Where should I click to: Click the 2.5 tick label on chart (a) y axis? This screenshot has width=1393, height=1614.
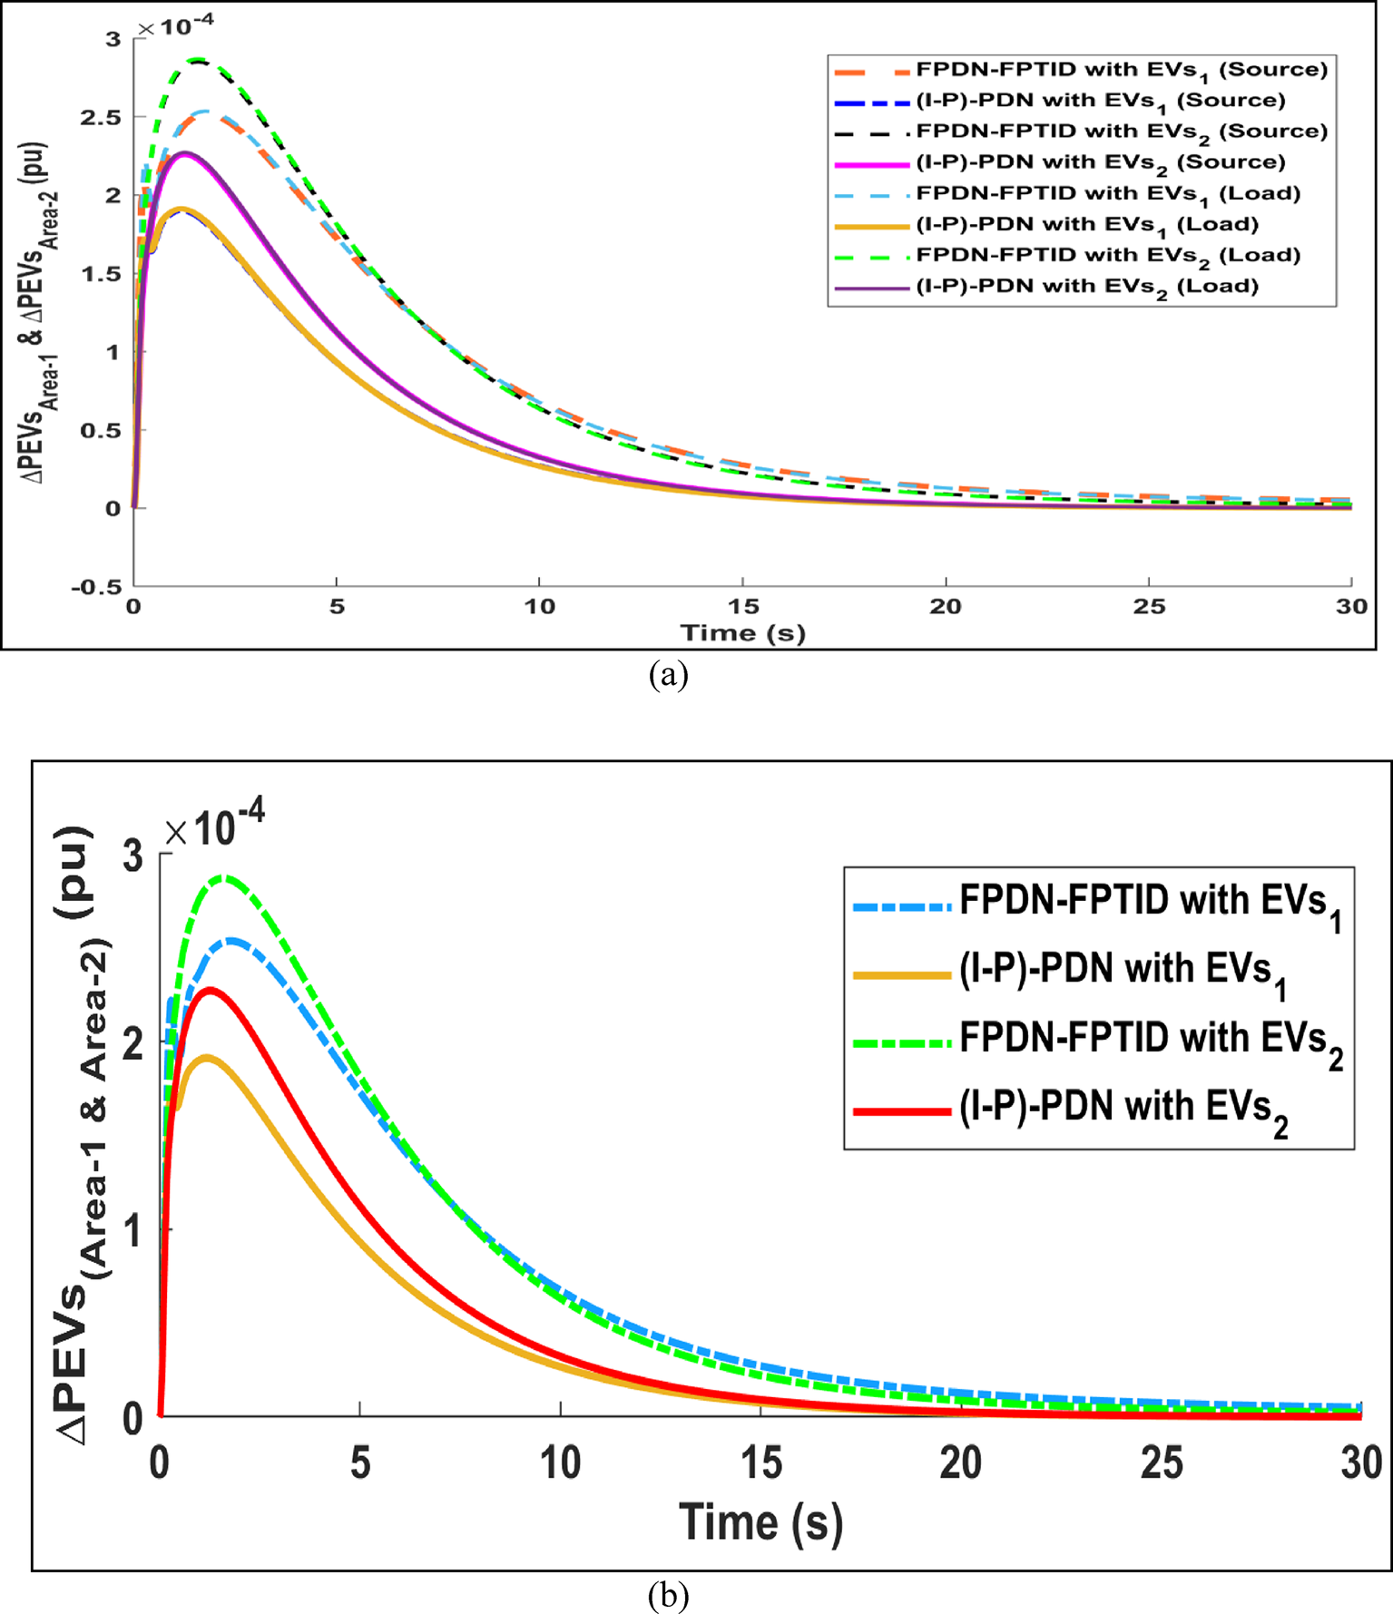[101, 117]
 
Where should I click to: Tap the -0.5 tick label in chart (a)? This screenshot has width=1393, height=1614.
[97, 587]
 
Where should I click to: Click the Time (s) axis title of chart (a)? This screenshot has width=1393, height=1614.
[743, 632]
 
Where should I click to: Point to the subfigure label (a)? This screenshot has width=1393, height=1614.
[669, 675]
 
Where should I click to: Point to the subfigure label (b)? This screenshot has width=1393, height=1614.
[669, 1595]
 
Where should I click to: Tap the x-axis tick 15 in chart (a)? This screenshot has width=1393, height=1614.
[743, 606]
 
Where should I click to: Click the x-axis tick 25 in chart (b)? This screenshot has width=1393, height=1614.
[1162, 1463]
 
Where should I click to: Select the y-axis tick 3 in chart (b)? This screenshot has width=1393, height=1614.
[133, 856]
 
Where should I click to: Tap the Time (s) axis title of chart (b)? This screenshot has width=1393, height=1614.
[760, 1521]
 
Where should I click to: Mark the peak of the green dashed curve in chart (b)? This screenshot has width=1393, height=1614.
[223, 877]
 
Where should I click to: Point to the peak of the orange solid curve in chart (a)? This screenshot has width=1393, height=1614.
[182, 210]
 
